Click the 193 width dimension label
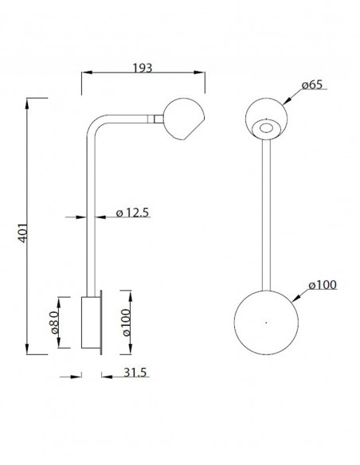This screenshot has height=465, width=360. click(x=142, y=68)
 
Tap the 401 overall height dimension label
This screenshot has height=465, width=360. click(x=23, y=233)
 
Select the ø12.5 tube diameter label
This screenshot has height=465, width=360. click(x=132, y=213)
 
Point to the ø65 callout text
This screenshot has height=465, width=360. click(x=312, y=84)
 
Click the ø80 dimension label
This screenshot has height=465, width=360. click(x=54, y=322)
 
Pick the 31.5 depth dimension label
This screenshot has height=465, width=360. click(x=135, y=372)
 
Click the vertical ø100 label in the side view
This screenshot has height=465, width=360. click(x=127, y=322)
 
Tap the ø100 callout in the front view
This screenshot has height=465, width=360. click(x=323, y=285)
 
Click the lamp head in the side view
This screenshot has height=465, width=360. click(x=184, y=119)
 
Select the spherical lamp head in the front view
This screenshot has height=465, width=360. click(x=266, y=119)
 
